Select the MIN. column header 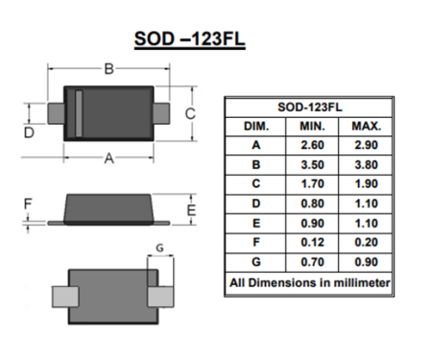coord(313,126)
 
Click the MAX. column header coord(366,126)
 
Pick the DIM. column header coord(256,126)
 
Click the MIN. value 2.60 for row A coord(313,145)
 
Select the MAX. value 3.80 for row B coord(366,164)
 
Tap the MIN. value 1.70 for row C coord(313,183)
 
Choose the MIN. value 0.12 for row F coord(313,242)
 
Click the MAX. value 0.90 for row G coord(366,261)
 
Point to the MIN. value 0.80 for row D coord(313,203)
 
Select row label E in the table coord(256,223)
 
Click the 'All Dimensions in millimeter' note coord(309,283)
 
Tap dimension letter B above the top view coord(108,68)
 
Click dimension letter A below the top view coord(108,159)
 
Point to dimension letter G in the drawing coord(159,248)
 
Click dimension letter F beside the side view coord(28,204)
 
